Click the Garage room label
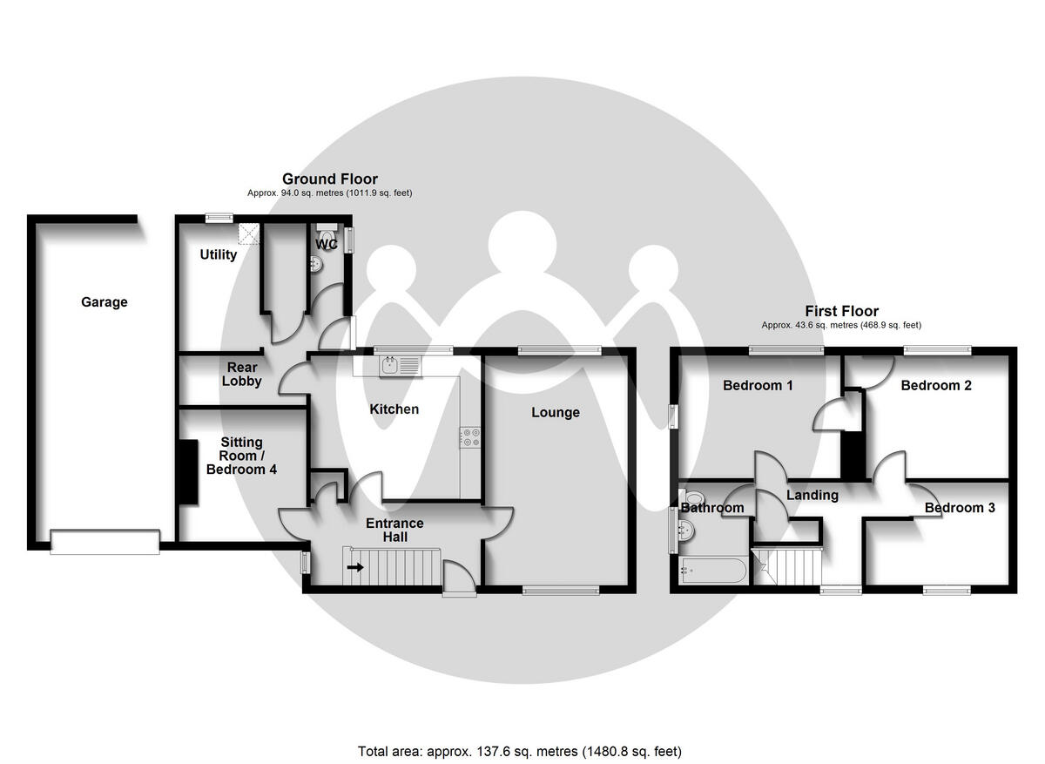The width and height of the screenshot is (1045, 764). tap(104, 302)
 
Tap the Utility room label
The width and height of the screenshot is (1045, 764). tap(218, 254)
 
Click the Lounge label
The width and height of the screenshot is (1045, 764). tap(556, 412)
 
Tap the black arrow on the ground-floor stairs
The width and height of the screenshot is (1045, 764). tap(355, 567)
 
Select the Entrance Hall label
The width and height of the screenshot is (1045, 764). tap(394, 530)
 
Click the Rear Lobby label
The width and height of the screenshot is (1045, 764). tap(241, 374)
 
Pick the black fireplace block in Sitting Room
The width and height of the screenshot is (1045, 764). tap(187, 471)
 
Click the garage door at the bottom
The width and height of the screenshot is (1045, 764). tap(104, 542)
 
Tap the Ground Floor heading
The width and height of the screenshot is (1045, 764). tap(330, 179)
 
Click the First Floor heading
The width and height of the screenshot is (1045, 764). tap(841, 311)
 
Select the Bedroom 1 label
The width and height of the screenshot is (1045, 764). tap(758, 385)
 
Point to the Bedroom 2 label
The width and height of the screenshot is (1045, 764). tap(936, 385)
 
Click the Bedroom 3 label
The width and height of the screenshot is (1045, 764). tap(960, 508)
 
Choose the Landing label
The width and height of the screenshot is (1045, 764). tap(812, 495)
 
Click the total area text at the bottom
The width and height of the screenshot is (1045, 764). tap(520, 751)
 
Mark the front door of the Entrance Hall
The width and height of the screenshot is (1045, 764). tap(459, 578)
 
